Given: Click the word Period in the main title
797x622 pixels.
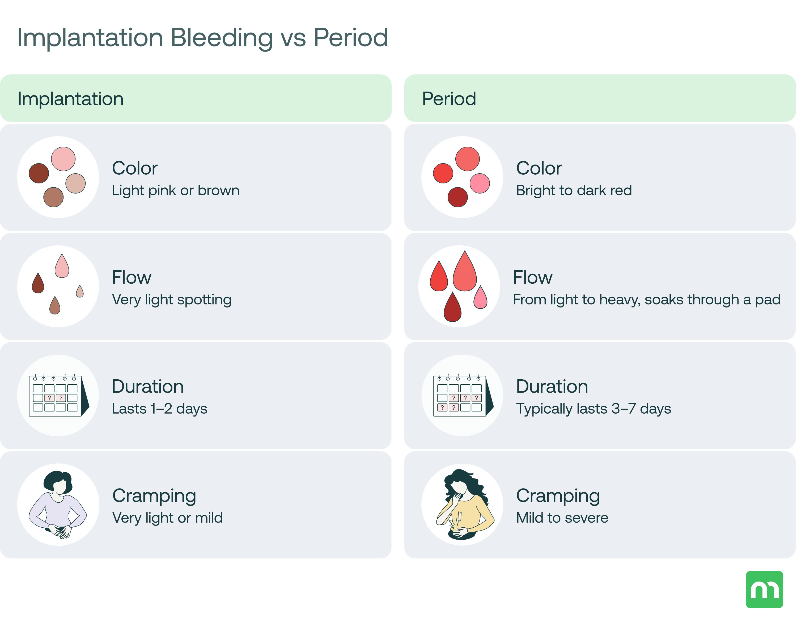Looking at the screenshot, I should click(350, 37).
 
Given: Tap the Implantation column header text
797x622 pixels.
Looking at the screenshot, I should click(70, 99).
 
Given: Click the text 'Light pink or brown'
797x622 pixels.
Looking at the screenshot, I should click(176, 191).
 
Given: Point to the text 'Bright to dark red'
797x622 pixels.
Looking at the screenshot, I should click(574, 191).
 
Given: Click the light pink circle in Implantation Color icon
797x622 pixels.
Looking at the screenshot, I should click(63, 159).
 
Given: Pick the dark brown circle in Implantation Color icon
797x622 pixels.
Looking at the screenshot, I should click(39, 173).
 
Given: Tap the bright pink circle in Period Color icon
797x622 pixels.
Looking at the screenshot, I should click(480, 183).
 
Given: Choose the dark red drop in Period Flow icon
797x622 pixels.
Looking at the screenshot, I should click(452, 308).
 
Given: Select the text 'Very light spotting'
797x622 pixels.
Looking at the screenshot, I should click(172, 300).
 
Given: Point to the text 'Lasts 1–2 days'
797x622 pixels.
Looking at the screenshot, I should click(159, 409).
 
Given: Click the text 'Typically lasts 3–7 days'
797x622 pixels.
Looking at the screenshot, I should click(593, 409).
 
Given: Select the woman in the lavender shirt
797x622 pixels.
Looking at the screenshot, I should click(58, 506).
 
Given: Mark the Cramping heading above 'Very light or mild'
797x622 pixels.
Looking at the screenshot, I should click(154, 496).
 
